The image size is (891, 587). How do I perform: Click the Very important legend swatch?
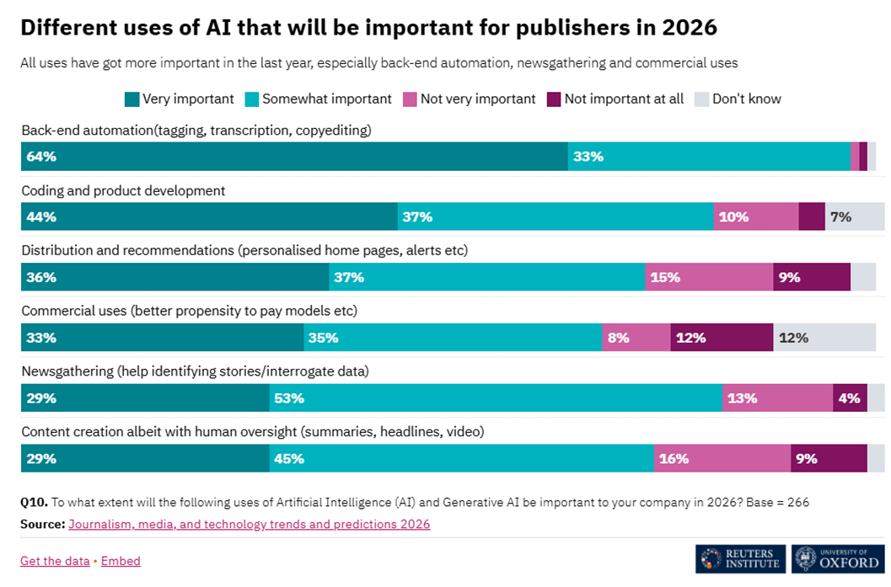(132, 99)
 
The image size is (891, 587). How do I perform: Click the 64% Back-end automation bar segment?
(294, 157)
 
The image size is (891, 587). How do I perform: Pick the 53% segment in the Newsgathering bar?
(496, 398)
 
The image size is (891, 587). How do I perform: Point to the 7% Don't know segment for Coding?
(855, 216)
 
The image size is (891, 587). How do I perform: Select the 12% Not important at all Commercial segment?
(722, 338)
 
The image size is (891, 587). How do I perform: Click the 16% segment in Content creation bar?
(722, 459)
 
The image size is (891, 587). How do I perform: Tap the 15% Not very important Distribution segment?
(709, 277)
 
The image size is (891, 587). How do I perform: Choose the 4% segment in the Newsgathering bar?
(850, 398)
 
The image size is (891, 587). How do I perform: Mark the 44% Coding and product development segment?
(209, 216)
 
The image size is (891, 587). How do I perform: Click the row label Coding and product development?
(123, 191)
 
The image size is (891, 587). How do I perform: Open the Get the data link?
(55, 561)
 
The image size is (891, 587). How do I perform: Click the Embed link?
(121, 561)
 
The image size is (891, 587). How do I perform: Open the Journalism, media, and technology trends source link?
(250, 524)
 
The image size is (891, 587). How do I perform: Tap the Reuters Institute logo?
(740, 559)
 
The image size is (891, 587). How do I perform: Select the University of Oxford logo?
(838, 559)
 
